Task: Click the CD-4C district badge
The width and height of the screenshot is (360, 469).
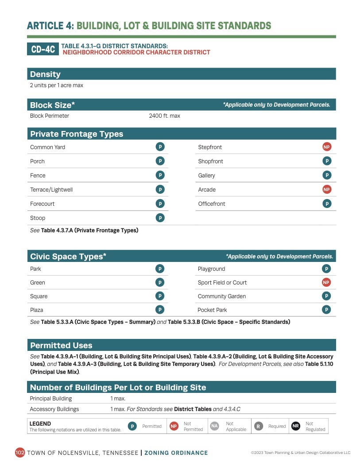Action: tap(43, 49)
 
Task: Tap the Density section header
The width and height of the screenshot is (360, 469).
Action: tap(45, 74)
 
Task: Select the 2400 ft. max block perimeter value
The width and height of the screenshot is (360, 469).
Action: tap(164, 116)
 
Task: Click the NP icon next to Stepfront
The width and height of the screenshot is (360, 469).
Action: tap(327, 147)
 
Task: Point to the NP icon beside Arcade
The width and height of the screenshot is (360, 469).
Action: tap(327, 189)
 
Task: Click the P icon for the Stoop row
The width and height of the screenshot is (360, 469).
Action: tap(160, 218)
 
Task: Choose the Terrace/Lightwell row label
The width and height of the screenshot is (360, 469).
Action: tap(51, 189)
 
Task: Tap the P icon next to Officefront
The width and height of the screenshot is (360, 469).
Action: tap(327, 204)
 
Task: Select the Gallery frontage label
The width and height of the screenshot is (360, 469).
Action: tap(206, 175)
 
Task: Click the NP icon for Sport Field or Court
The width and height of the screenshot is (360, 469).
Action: tap(326, 282)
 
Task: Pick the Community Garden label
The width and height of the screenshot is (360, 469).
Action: tap(221, 296)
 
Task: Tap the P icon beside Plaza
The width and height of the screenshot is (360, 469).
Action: tap(160, 310)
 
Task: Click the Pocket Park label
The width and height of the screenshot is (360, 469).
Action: tap(212, 310)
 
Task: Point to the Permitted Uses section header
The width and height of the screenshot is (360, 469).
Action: tap(61, 345)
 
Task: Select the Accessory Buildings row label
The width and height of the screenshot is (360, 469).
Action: tap(54, 409)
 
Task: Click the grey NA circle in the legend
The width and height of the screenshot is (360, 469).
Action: tap(214, 426)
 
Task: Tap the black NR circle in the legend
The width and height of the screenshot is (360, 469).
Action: tap(295, 426)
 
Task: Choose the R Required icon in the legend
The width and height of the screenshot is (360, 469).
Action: tap(258, 426)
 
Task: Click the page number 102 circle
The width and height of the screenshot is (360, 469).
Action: tap(20, 452)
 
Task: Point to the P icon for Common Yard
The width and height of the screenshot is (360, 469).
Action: tap(160, 147)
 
